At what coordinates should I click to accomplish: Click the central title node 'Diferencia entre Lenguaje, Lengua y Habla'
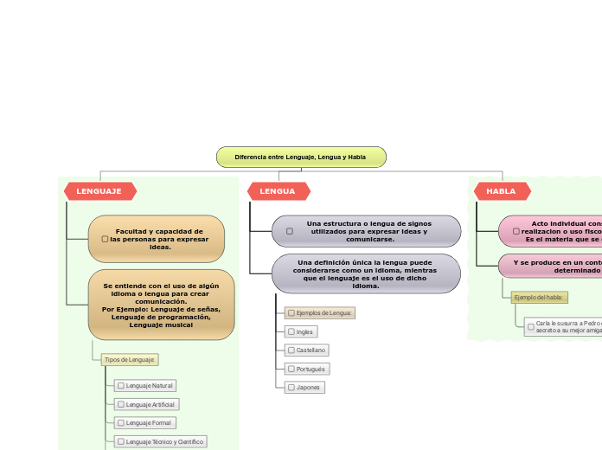[300, 157]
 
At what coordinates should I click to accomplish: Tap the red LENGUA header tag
[278, 190]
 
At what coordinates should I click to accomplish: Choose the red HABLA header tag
[502, 190]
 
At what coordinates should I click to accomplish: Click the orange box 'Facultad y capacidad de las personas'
[157, 239]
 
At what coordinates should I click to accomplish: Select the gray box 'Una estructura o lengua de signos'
[366, 231]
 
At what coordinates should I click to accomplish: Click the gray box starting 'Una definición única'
[366, 273]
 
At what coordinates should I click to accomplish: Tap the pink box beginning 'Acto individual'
[554, 231]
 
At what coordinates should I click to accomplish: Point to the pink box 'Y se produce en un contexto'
[554, 266]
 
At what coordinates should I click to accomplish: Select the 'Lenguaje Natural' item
[146, 385]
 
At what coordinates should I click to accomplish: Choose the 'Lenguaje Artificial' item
[147, 404]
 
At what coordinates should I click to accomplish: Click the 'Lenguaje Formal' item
[145, 423]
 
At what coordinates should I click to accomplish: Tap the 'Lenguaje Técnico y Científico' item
[160, 441]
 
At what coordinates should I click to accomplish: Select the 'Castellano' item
[307, 350]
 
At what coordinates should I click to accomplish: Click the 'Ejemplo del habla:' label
[540, 297]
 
